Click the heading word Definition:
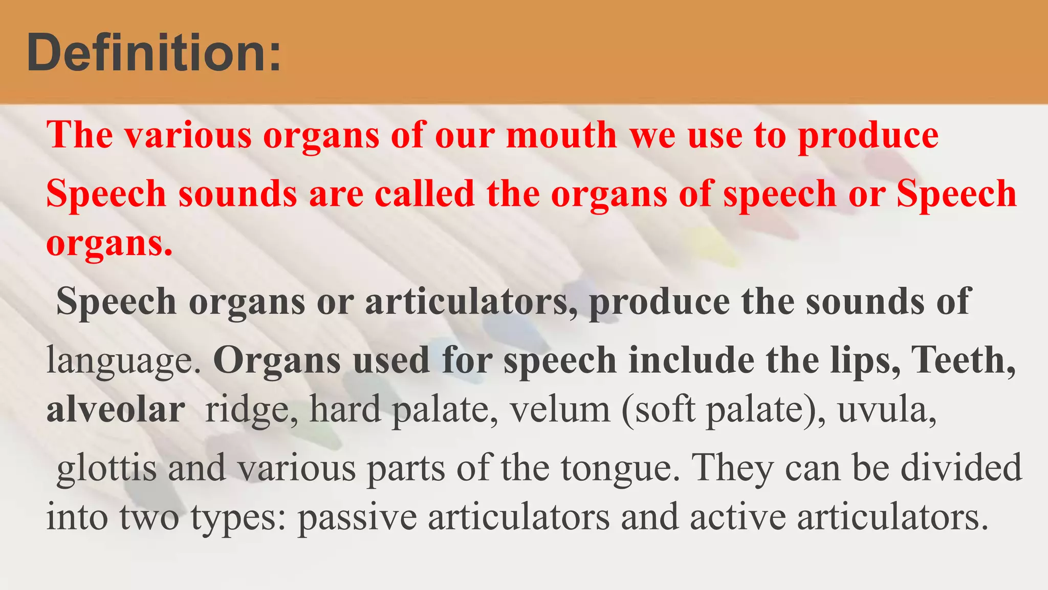[154, 53]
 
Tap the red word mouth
[561, 135]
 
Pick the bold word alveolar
[116, 410]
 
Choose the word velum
[560, 410]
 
